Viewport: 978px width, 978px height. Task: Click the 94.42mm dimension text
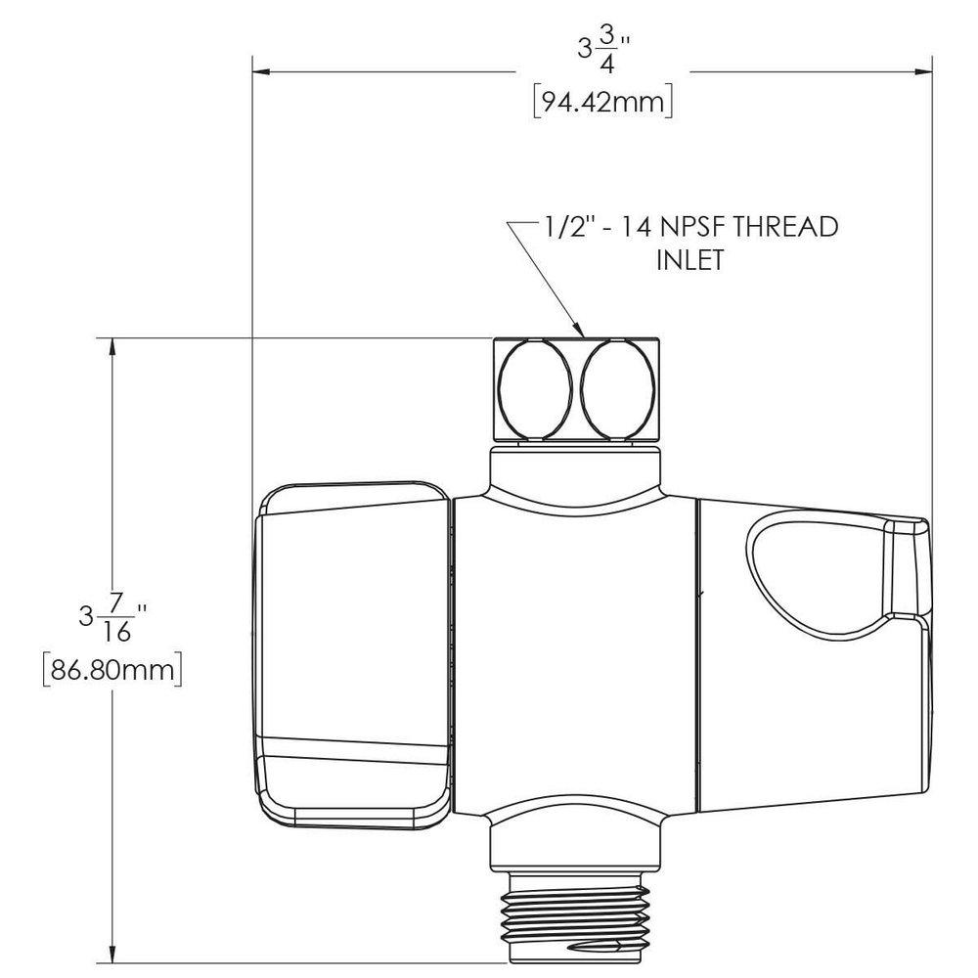[x=601, y=102]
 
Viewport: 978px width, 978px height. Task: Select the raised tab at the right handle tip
[x=908, y=567]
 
